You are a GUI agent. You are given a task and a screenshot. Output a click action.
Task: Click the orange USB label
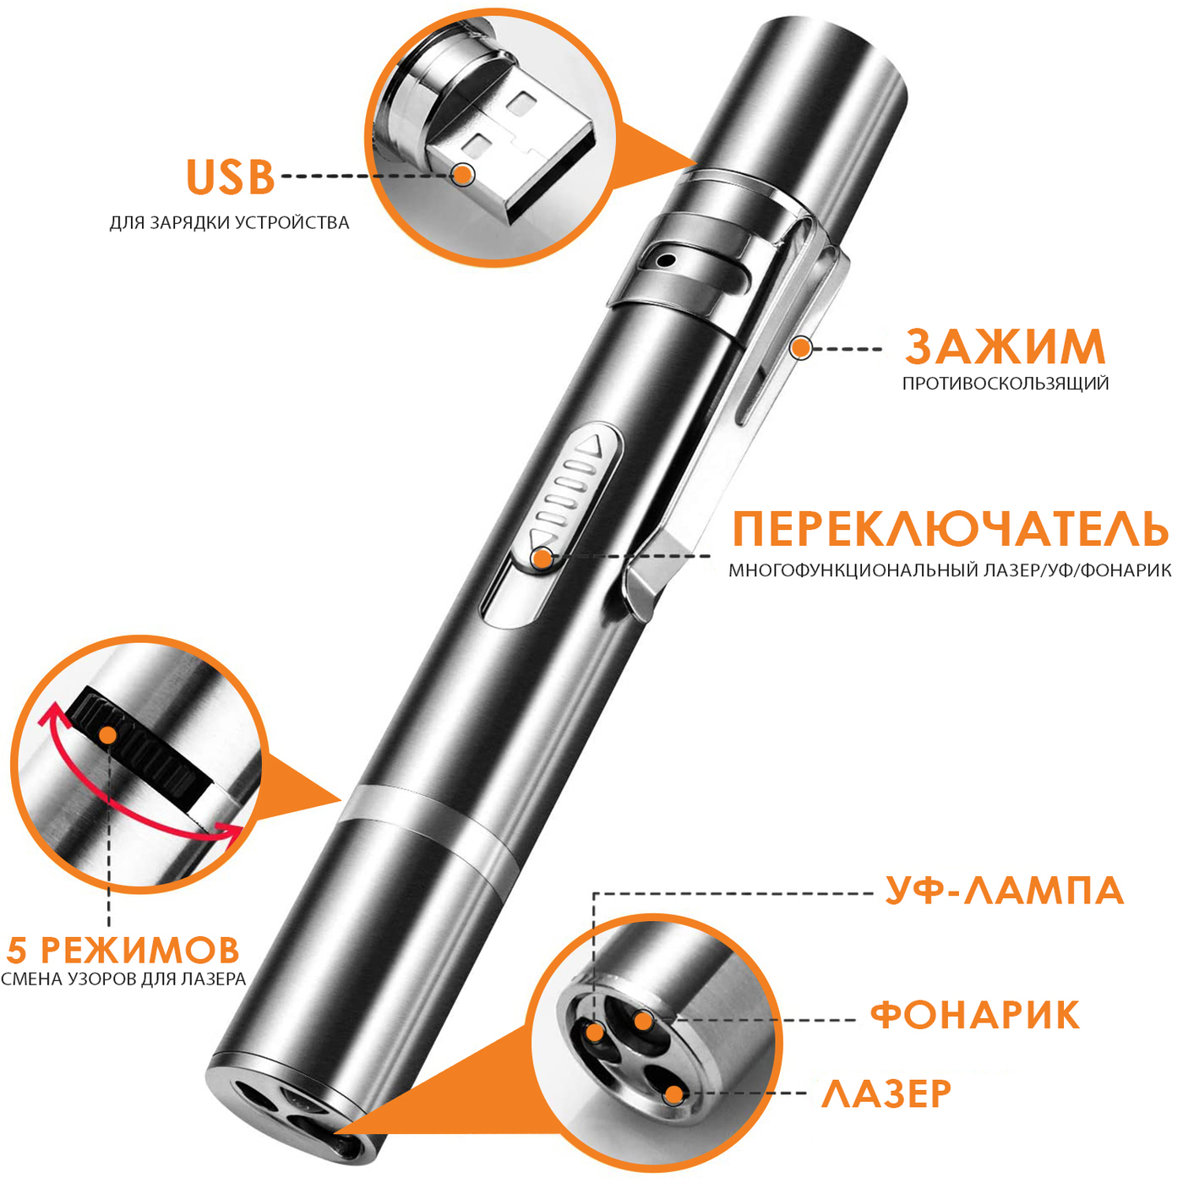(230, 177)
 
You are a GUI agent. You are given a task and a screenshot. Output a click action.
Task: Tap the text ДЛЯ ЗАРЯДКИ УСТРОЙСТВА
(229, 222)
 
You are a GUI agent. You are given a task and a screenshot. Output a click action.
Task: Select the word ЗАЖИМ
(1005, 346)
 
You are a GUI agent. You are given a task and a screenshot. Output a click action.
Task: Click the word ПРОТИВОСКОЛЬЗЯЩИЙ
(1006, 384)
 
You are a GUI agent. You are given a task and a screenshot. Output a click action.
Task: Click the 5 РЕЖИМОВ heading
(123, 950)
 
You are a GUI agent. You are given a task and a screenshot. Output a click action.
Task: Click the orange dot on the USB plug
(464, 175)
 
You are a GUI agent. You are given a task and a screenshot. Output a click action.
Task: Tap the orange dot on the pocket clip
(800, 348)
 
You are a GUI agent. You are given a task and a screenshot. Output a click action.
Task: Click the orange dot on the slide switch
(542, 558)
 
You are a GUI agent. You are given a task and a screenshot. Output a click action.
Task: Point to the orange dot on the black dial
(108, 735)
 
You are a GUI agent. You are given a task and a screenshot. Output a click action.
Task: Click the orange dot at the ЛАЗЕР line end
(674, 1094)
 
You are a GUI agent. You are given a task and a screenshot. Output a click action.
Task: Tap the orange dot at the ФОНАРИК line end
(642, 1020)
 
